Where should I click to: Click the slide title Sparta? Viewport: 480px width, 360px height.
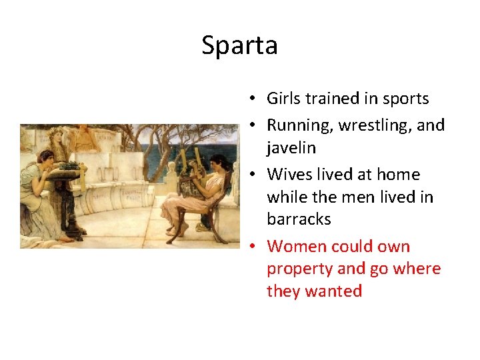(x=239, y=46)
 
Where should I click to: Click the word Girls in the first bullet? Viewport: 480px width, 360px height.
(x=283, y=99)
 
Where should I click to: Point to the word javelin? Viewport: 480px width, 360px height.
(x=292, y=147)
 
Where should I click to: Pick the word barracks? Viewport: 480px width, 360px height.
(x=299, y=219)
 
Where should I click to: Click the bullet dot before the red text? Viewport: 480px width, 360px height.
(x=253, y=247)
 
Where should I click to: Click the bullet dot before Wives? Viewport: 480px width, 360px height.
(x=253, y=175)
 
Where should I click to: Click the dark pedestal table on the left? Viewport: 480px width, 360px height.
(x=67, y=200)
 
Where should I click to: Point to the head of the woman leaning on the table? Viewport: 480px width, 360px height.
(x=46, y=159)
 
